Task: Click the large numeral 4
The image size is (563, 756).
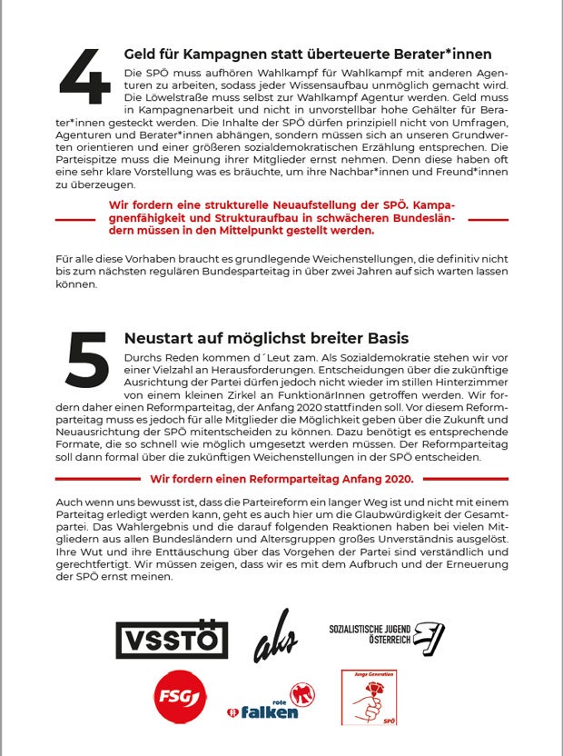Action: (85, 76)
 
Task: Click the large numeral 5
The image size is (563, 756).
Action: (87, 362)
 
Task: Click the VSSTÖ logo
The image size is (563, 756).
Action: (172, 639)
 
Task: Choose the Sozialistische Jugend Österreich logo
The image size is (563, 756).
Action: (386, 639)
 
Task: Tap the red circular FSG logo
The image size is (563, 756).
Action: (179, 697)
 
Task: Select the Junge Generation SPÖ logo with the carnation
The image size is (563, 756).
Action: (369, 697)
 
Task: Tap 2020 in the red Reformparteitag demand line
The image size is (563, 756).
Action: (397, 478)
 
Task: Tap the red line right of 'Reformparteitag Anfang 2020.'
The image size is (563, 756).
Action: (462, 478)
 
